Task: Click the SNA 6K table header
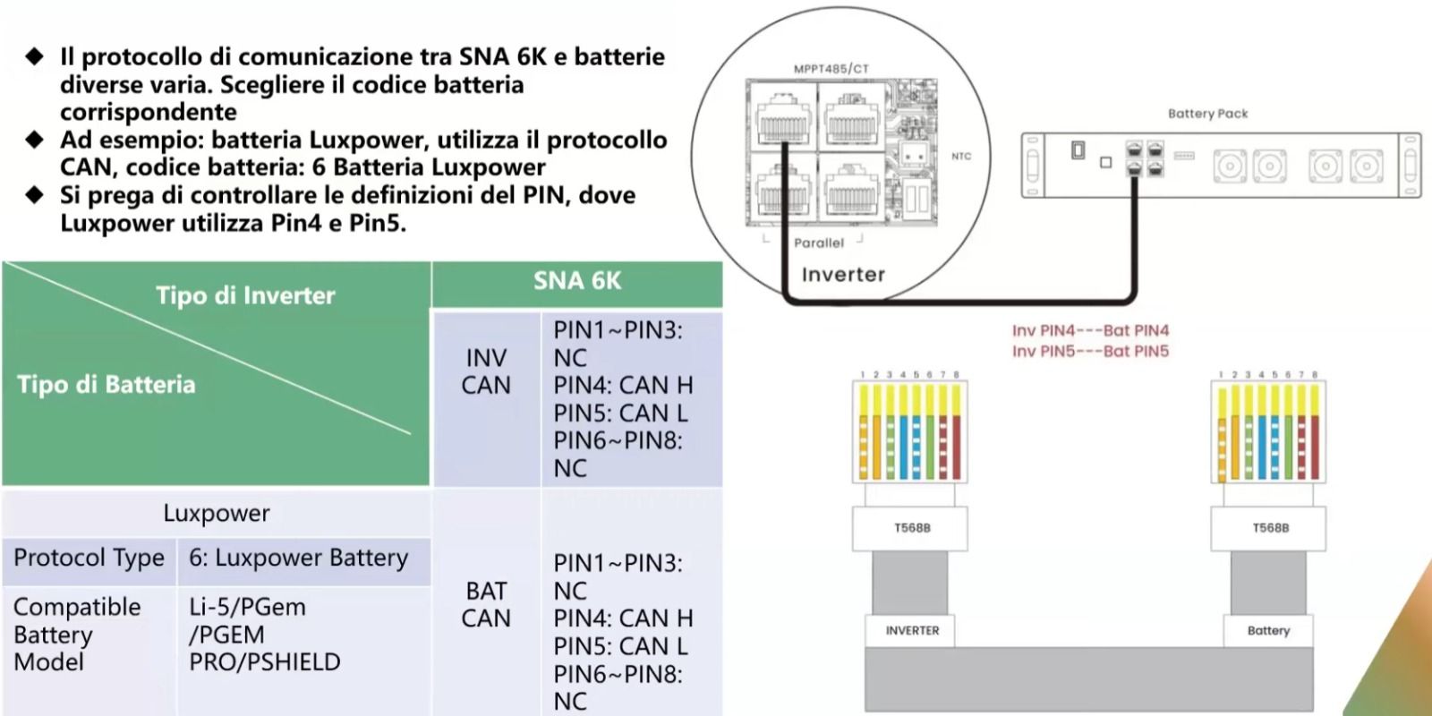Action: [577, 281]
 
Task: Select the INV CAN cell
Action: [486, 371]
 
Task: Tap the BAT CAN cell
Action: [486, 604]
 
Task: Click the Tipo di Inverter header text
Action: [245, 295]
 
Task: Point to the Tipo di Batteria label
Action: [107, 385]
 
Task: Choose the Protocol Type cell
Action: [89, 558]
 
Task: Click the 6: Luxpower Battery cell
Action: [298, 558]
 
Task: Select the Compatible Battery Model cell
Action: [77, 635]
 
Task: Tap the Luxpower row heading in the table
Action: [216, 513]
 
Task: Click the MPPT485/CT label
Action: [831, 69]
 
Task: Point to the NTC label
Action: [961, 157]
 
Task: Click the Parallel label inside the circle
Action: [818, 243]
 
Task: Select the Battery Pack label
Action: [1207, 114]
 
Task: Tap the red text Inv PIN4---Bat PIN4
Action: [1090, 331]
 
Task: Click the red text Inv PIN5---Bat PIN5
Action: [1090, 352]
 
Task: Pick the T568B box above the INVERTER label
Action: [911, 528]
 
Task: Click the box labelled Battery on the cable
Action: [1268, 631]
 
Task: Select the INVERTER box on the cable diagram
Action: [911, 631]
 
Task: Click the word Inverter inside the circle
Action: [843, 275]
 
